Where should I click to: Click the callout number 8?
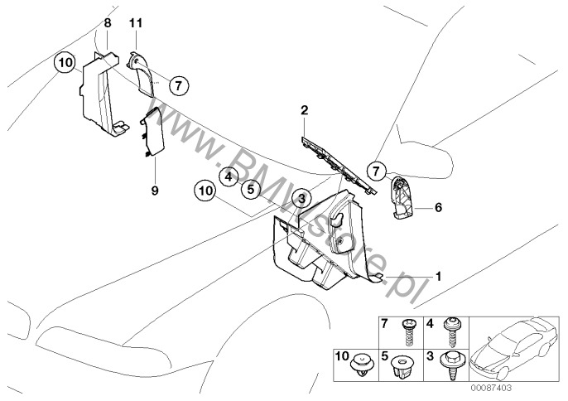tap(107, 26)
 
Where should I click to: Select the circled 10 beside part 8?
tap(66, 62)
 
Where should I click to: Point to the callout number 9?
tap(155, 190)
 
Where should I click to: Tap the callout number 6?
tap(438, 209)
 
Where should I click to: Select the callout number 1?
tap(439, 274)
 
